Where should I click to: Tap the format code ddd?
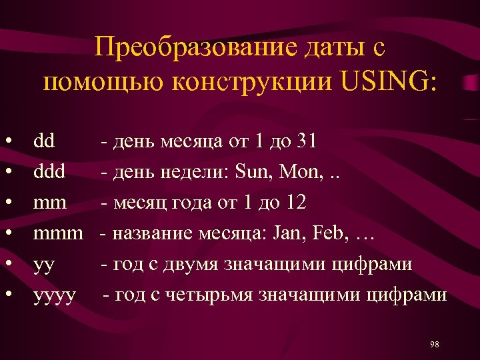49,172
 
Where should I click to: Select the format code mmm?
58,233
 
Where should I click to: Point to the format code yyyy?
55,295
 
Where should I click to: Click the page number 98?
435,344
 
